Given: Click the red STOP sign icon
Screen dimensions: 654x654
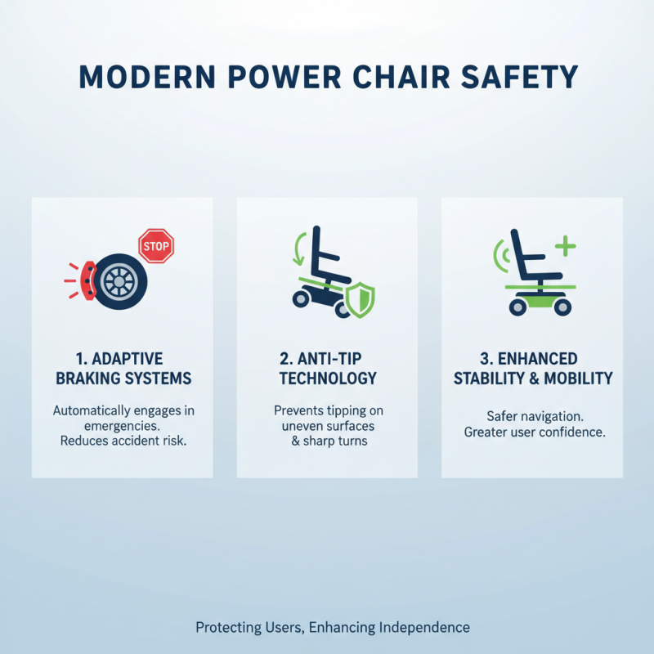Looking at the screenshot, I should (x=156, y=245).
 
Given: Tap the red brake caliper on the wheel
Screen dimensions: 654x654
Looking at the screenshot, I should (x=84, y=280).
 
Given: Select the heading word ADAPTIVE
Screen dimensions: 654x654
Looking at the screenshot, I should (x=129, y=359).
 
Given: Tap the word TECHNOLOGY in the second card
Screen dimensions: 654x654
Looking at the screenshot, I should (x=327, y=379).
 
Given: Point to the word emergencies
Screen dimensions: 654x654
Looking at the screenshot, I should (x=123, y=426).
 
